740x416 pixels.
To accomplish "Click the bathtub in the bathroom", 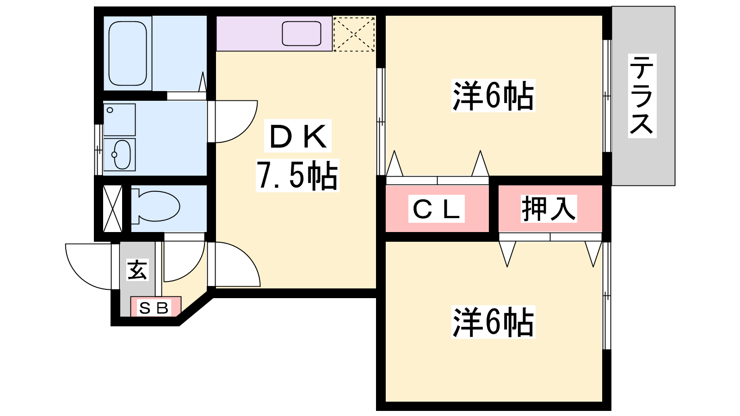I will tap(128, 53).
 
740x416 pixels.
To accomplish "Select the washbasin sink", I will tap(121, 154).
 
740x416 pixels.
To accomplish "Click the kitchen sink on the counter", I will tap(302, 33).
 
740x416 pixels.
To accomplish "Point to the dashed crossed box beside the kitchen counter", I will tap(354, 34).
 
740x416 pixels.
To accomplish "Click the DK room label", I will tap(298, 137).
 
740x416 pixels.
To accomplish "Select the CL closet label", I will tap(437, 209).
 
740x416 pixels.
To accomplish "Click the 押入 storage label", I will tap(549, 209).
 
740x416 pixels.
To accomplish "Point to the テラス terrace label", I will tap(642, 95).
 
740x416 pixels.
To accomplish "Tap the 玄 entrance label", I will tap(137, 270).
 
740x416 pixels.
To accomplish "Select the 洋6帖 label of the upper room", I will tap(493, 96).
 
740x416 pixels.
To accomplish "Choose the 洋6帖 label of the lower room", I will tap(493, 322).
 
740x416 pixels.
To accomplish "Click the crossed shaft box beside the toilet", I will tap(112, 208).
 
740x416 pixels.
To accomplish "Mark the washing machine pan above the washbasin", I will tap(119, 119).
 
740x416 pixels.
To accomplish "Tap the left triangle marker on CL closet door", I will tap(394, 164).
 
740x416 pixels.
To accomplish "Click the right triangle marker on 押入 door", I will tap(593, 253).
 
